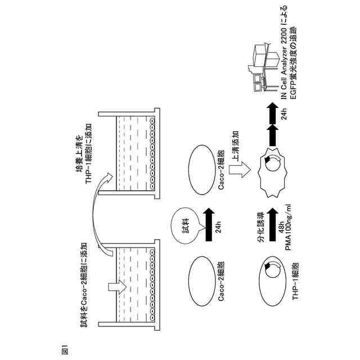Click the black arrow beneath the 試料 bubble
tap(210, 225)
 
